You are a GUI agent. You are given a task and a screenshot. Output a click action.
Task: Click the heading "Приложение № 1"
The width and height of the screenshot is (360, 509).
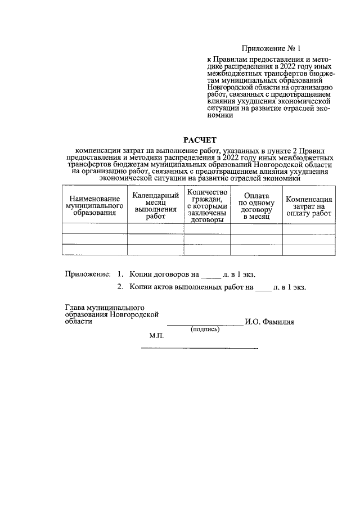(271, 49)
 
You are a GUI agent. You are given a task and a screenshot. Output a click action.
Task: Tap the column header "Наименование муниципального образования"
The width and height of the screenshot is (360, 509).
(94, 206)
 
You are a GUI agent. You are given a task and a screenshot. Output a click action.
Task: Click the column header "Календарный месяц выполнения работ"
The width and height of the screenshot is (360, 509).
(155, 206)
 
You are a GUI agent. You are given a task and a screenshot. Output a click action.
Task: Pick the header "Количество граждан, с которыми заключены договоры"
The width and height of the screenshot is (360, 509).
(206, 206)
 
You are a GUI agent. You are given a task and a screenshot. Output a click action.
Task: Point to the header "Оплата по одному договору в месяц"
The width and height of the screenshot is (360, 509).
(256, 206)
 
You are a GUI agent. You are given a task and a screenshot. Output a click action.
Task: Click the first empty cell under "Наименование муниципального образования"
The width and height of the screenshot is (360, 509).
(94, 229)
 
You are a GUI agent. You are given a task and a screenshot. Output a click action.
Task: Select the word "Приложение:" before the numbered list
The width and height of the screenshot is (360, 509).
(88, 274)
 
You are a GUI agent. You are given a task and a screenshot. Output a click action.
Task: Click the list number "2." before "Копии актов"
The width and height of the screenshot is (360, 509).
(120, 287)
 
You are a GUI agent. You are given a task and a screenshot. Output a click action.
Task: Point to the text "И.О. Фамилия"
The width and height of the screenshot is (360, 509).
(269, 322)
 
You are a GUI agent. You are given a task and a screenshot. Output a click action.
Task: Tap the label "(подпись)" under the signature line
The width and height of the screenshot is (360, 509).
(205, 330)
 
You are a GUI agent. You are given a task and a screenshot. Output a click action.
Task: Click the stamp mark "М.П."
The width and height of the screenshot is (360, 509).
(156, 336)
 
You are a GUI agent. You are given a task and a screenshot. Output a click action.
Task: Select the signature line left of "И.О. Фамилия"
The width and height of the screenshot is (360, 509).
(205, 325)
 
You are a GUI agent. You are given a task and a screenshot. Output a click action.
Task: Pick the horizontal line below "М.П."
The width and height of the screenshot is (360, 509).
(199, 349)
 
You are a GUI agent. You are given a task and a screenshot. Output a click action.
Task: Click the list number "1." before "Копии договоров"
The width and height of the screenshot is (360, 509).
(120, 274)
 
